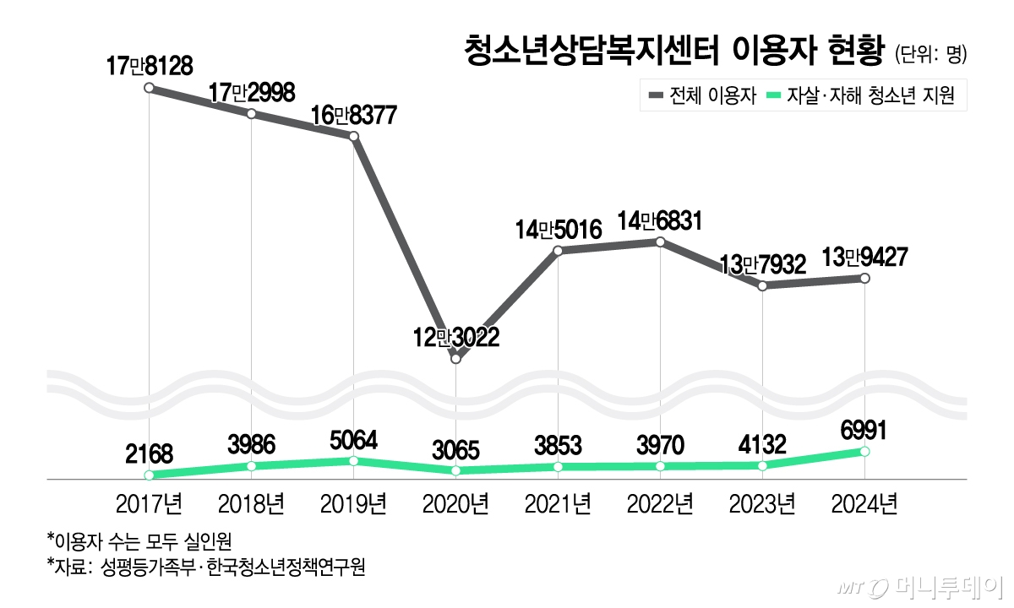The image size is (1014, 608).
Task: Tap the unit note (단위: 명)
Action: (x=930, y=55)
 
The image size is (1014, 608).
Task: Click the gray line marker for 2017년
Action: (x=150, y=88)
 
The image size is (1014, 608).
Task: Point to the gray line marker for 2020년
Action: (x=456, y=359)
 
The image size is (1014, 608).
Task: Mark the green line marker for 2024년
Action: (x=864, y=452)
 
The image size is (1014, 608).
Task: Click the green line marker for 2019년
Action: (x=354, y=461)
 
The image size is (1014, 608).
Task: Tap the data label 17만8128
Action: (x=150, y=65)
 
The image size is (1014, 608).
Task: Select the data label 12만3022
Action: (x=456, y=338)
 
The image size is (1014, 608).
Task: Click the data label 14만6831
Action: (x=660, y=220)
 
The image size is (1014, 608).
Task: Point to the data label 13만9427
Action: (x=864, y=256)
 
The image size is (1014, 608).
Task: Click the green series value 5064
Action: (x=354, y=440)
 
